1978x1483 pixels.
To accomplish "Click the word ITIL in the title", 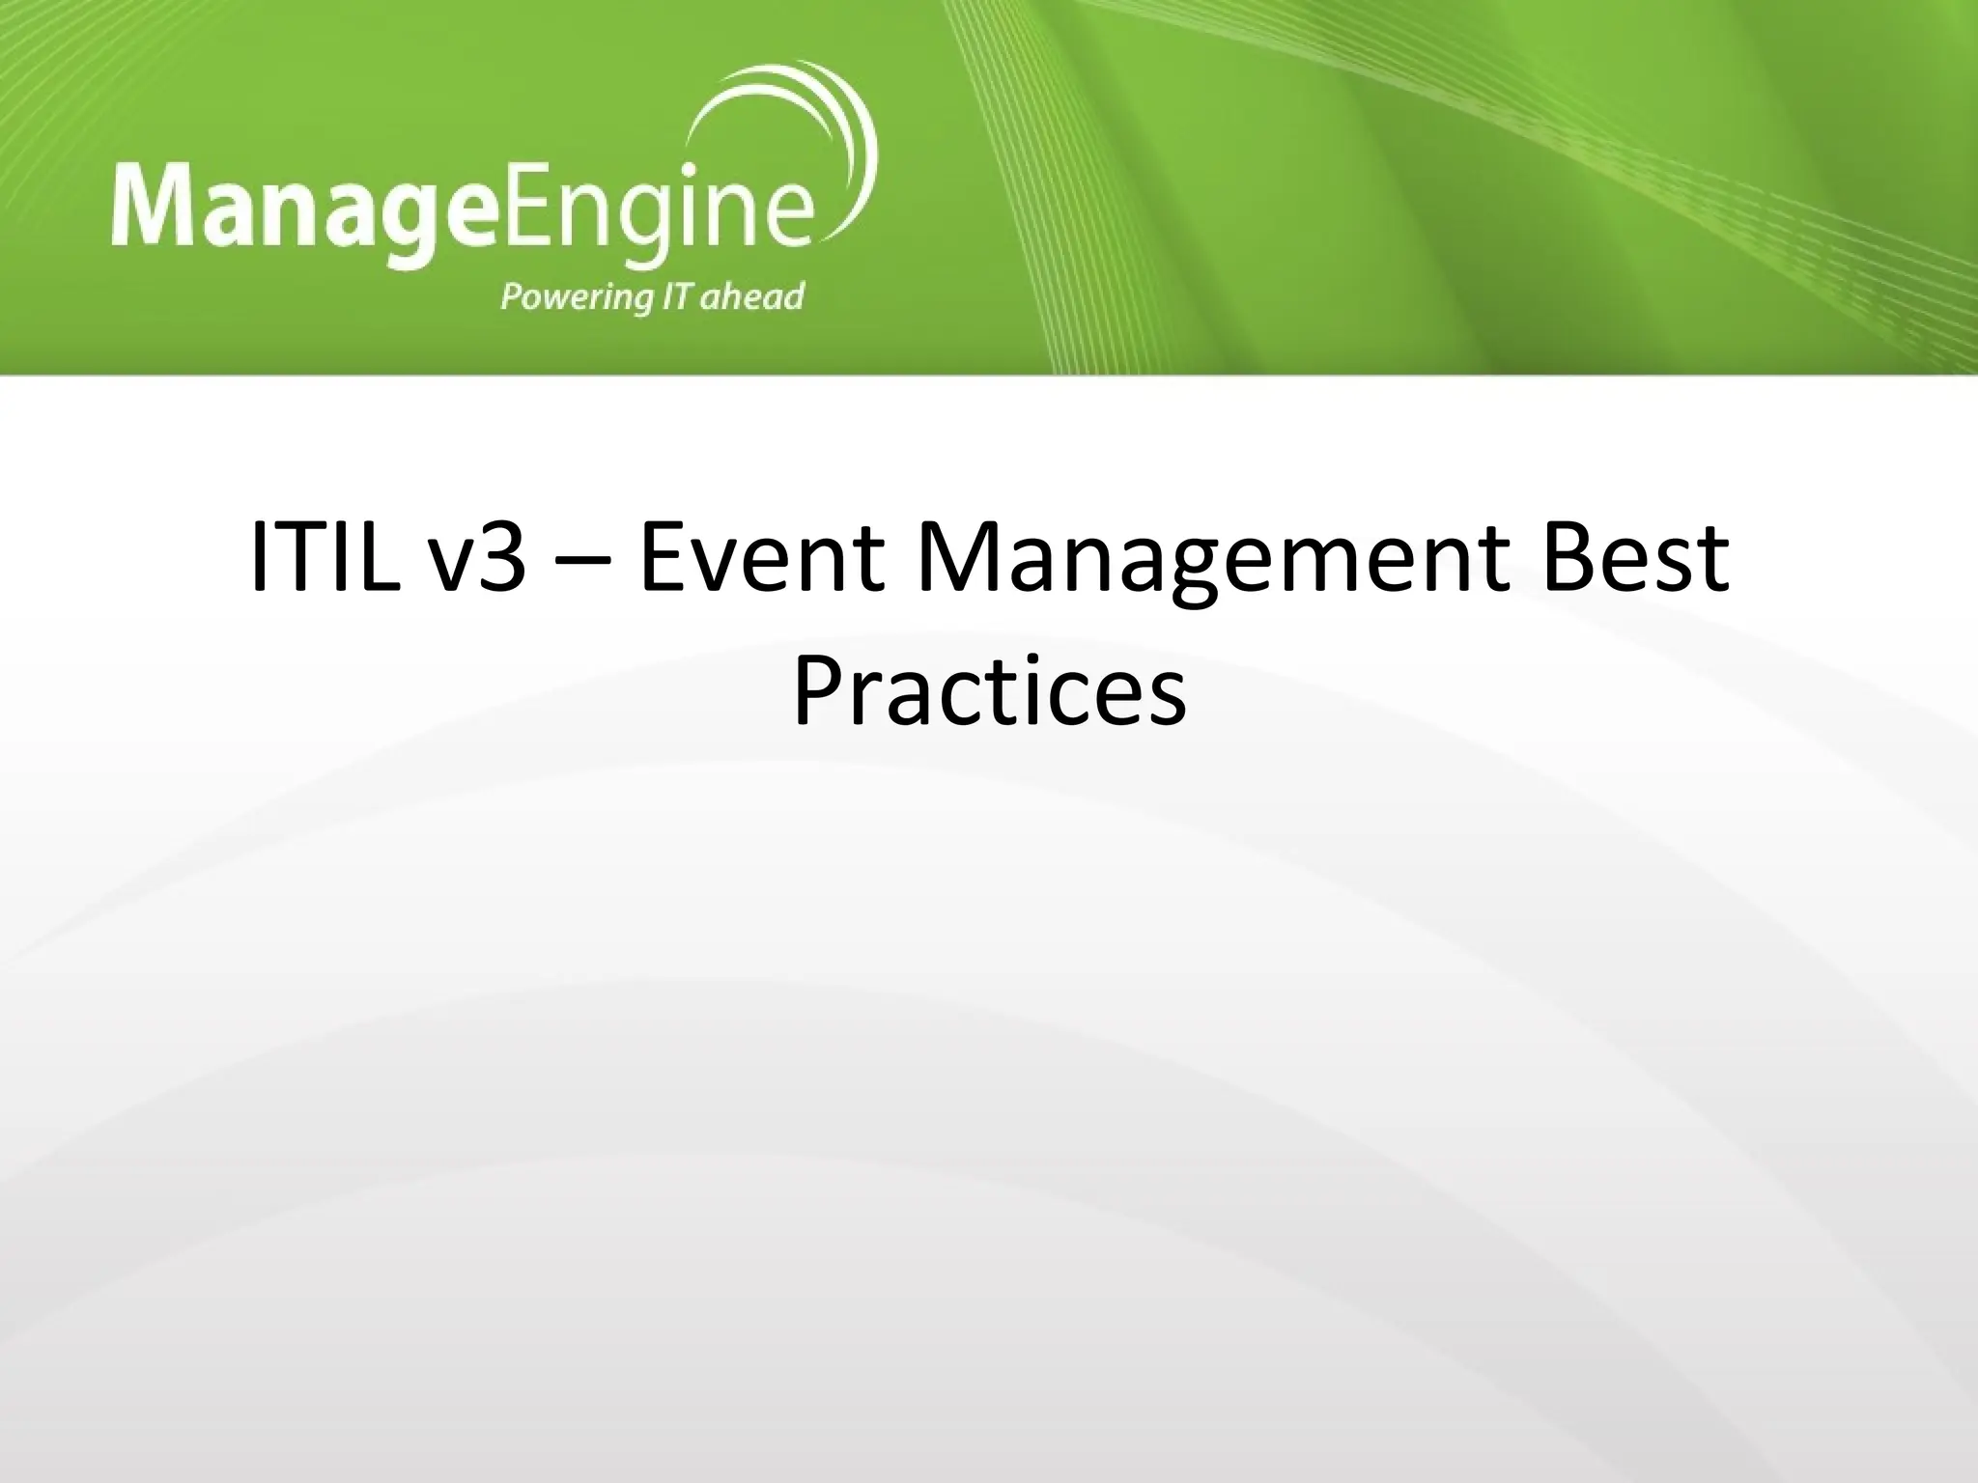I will [325, 558].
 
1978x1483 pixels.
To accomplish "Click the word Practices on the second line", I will [989, 694].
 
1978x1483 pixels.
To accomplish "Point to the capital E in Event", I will [664, 557].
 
